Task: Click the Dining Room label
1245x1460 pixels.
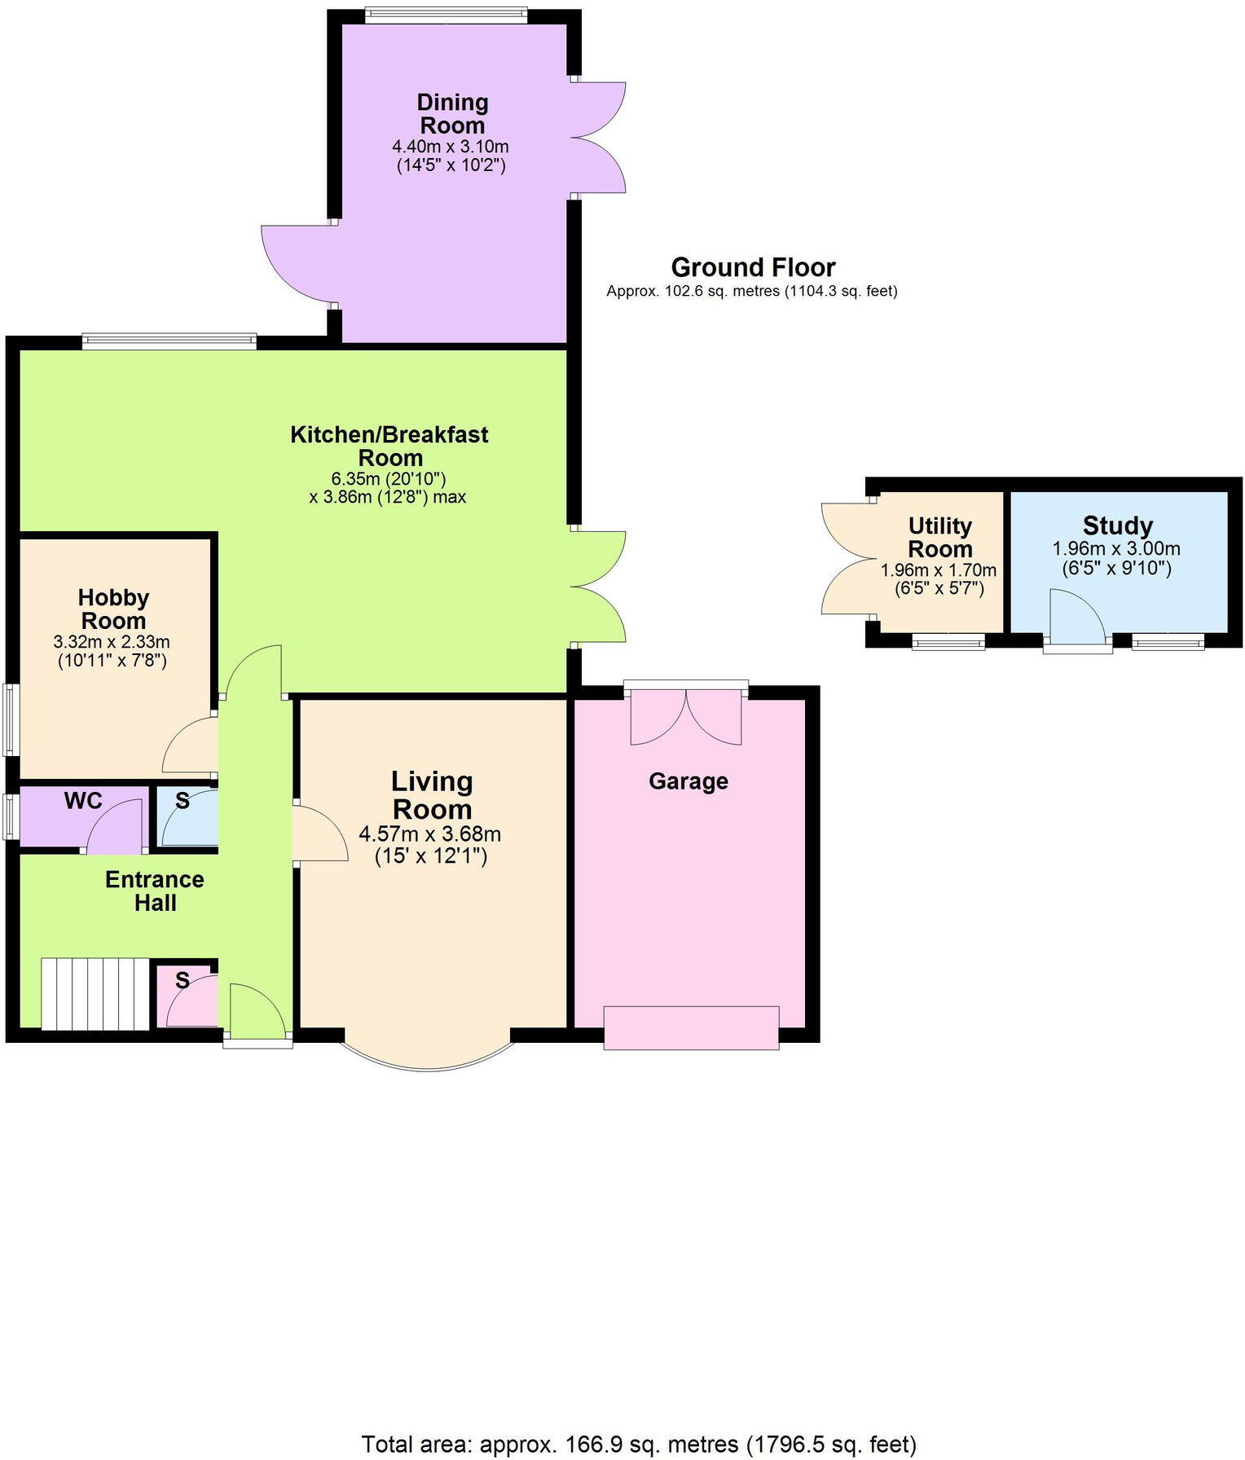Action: [x=451, y=114]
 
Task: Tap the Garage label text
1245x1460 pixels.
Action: [x=688, y=781]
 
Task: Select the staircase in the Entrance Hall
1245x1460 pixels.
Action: [x=95, y=994]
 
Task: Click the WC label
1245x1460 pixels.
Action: [x=83, y=801]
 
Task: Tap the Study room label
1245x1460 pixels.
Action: [x=1117, y=526]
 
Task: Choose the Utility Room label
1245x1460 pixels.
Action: [x=939, y=537]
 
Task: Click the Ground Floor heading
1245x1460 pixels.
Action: [x=753, y=267]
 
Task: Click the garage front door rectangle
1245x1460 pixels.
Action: [x=691, y=1027]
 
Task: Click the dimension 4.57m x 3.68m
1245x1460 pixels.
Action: [x=429, y=834]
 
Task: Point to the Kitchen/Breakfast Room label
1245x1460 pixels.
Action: [x=389, y=446]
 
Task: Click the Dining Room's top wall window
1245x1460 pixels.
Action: [x=446, y=15]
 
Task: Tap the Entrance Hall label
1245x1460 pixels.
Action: [x=154, y=891]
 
